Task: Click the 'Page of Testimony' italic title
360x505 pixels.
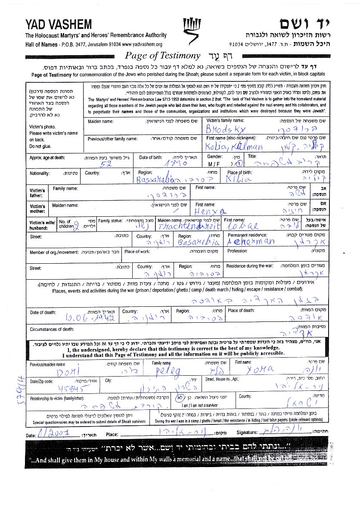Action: tap(162, 56)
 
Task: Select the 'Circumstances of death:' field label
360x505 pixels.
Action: tap(52, 330)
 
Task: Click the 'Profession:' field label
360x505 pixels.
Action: tap(237, 251)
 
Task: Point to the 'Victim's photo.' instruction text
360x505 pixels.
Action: tap(41, 127)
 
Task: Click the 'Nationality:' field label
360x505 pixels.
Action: tap(40, 173)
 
